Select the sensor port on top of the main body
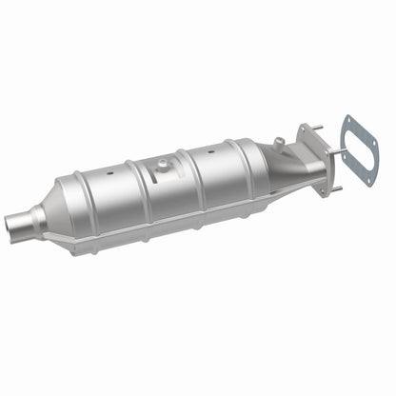click(163, 166)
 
